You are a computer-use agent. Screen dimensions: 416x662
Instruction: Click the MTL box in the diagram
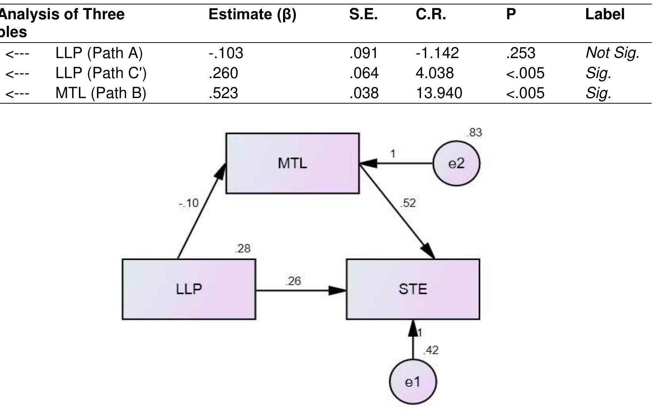pos(292,163)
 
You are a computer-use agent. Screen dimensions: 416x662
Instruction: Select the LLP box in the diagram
pos(189,289)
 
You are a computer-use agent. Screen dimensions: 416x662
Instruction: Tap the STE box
pos(413,289)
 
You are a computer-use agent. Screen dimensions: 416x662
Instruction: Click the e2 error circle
pos(456,163)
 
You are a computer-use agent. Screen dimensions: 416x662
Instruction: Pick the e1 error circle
pos(413,382)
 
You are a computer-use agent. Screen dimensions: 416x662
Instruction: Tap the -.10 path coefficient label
pos(189,203)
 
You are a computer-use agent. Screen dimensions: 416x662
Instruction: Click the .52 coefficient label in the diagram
pos(408,203)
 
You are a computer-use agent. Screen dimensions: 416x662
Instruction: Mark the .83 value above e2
pos(474,132)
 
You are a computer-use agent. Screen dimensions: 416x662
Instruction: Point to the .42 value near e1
pos(431,350)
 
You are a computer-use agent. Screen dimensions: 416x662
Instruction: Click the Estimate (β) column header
pos(252,14)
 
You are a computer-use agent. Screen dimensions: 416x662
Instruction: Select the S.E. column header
pos(363,14)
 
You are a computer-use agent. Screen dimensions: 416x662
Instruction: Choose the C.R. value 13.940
pos(439,93)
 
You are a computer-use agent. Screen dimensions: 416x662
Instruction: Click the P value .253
pos(520,53)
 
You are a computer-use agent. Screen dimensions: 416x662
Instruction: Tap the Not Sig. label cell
pos(612,53)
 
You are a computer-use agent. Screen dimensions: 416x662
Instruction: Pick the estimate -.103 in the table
pos(226,53)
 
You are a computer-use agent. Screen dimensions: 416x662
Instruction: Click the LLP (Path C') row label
pos(101,73)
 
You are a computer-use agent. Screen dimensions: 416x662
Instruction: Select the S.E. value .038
pos(364,93)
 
